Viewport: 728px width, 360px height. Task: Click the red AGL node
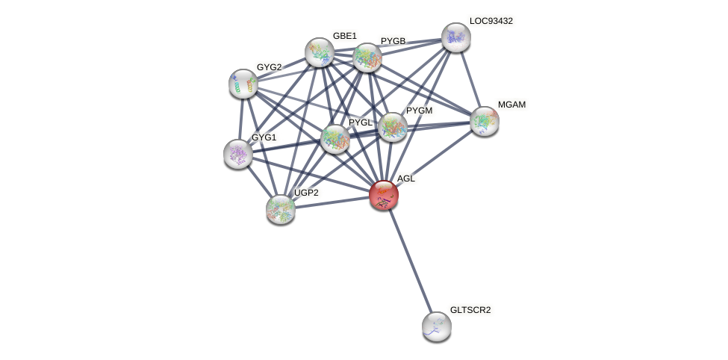click(x=384, y=195)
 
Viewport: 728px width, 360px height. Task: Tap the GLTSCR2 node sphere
click(x=437, y=326)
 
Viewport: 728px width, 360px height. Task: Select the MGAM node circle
click(x=485, y=121)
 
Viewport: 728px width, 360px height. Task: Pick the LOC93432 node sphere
click(x=456, y=37)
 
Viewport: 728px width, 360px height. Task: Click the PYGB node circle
click(x=367, y=58)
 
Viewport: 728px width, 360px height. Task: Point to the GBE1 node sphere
click(x=320, y=52)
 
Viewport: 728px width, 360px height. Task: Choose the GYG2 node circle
click(x=243, y=84)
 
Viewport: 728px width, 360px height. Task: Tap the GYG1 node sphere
click(x=238, y=154)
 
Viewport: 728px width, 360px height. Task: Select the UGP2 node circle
click(x=281, y=209)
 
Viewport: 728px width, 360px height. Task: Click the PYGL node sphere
click(x=335, y=138)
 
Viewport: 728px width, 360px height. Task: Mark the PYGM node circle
click(x=393, y=127)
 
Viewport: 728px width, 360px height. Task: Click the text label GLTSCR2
click(x=470, y=310)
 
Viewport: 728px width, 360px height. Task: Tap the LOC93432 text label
click(x=491, y=21)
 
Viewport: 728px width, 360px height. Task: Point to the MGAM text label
click(x=511, y=105)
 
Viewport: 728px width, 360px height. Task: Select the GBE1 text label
click(x=345, y=36)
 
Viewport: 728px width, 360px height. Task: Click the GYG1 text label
click(x=264, y=137)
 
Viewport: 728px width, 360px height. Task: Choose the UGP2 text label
click(x=306, y=193)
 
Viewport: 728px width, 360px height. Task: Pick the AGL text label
click(x=405, y=179)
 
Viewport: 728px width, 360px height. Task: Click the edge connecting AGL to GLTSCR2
click(x=410, y=260)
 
